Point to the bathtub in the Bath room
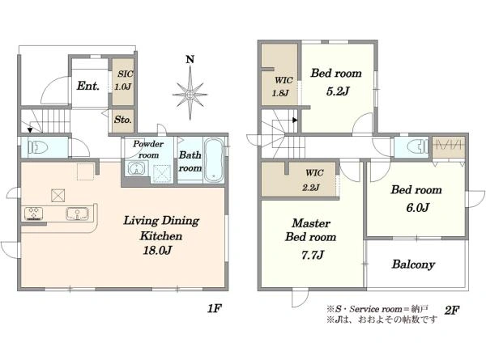point(214,159)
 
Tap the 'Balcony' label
point(414,265)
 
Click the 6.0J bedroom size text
point(416,208)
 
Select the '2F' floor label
point(451,308)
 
